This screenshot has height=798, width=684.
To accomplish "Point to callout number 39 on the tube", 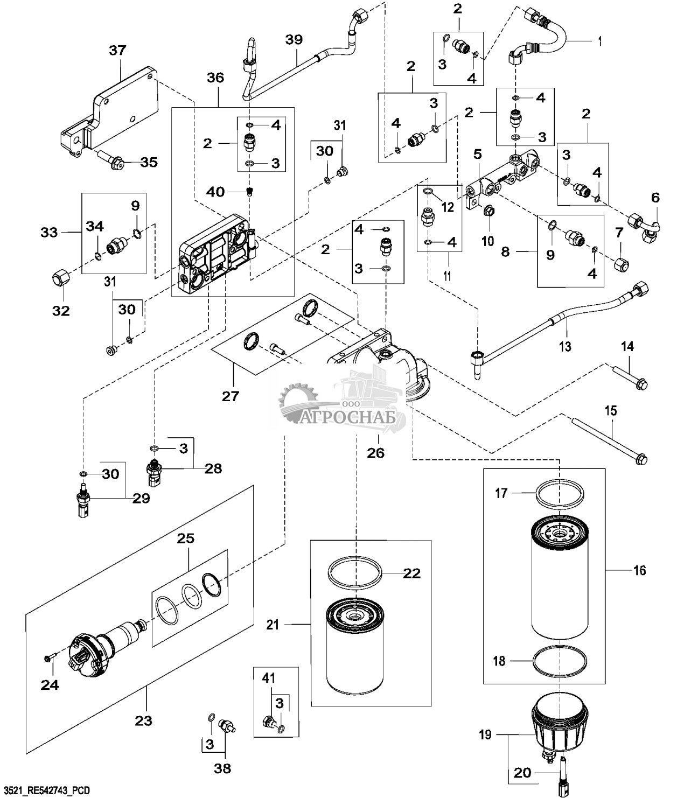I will (294, 39).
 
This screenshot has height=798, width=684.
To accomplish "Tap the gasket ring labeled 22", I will (355, 573).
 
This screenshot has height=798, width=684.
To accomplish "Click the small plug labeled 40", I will (248, 192).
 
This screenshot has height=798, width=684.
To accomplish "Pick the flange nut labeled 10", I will (487, 211).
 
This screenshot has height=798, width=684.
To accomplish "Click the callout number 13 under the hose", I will (564, 346).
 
